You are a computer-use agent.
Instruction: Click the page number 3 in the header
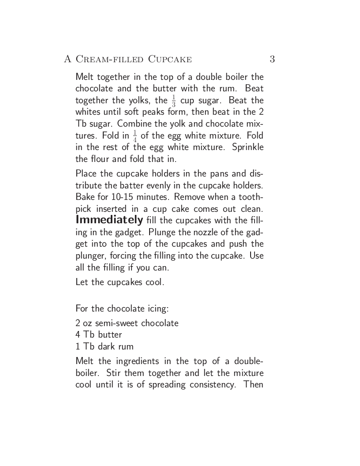click(x=272, y=59)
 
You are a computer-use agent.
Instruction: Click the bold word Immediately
click(x=109, y=219)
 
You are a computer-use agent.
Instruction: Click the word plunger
click(x=91, y=256)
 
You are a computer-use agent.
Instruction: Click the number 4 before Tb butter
click(x=78, y=335)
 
